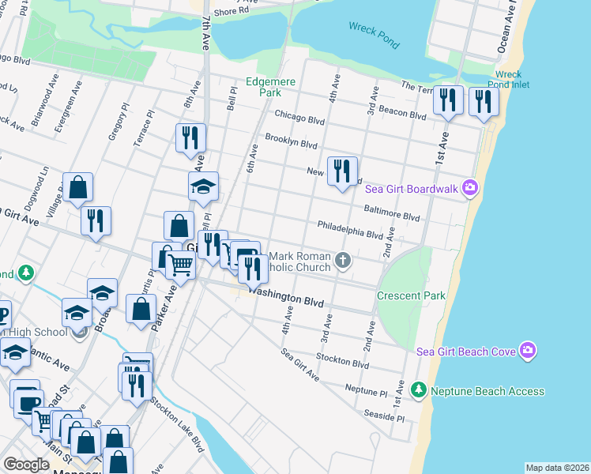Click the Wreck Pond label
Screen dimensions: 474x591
(x=374, y=33)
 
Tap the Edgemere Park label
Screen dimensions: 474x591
(x=263, y=86)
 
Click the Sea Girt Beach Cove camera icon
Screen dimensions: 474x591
(x=528, y=351)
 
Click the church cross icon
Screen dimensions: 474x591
(x=343, y=260)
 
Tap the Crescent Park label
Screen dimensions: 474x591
(x=411, y=295)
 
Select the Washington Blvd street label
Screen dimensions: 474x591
(x=287, y=296)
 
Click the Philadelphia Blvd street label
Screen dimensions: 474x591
(x=356, y=229)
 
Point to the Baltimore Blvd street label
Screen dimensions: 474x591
(x=391, y=213)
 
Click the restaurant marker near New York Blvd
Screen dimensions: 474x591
(x=342, y=171)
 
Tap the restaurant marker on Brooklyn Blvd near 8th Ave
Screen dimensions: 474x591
(x=190, y=137)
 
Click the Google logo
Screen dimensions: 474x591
(x=26, y=465)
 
